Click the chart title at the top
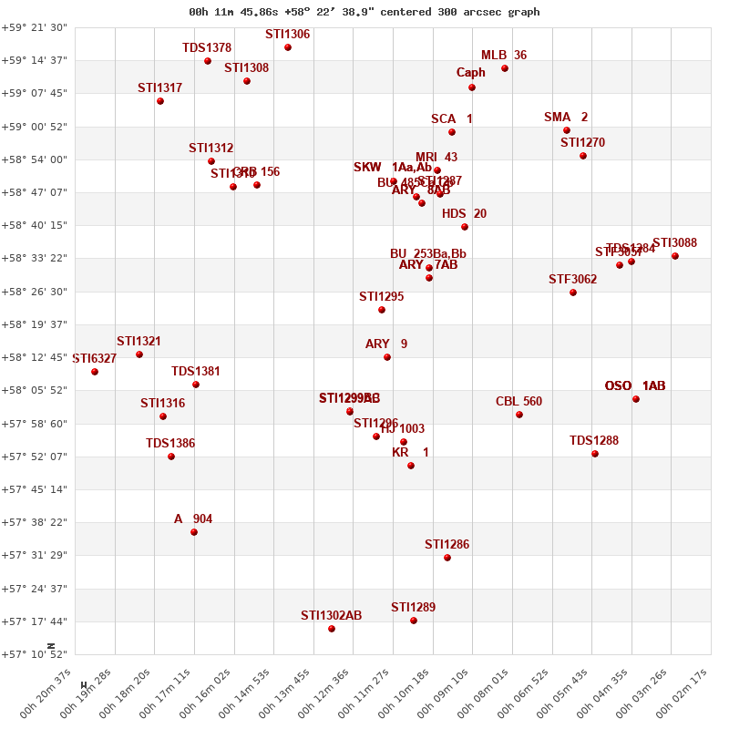pos(364,12)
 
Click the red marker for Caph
pos(472,87)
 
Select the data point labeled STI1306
pos(288,47)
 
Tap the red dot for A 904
pos(194,532)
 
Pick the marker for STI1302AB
pos(332,629)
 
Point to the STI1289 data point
pos(414,621)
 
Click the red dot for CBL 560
pos(519,415)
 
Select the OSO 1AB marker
pos(636,399)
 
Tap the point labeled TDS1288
pos(595,454)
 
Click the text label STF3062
pos(572,279)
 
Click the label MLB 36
pos(504,55)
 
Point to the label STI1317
pos(160,87)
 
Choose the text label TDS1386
pos(170,443)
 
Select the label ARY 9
pos(386,344)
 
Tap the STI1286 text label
pos(447,544)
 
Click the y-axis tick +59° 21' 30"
pos(34,27)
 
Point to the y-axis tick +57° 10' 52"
pos(34,654)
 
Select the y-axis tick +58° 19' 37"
pos(34,324)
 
